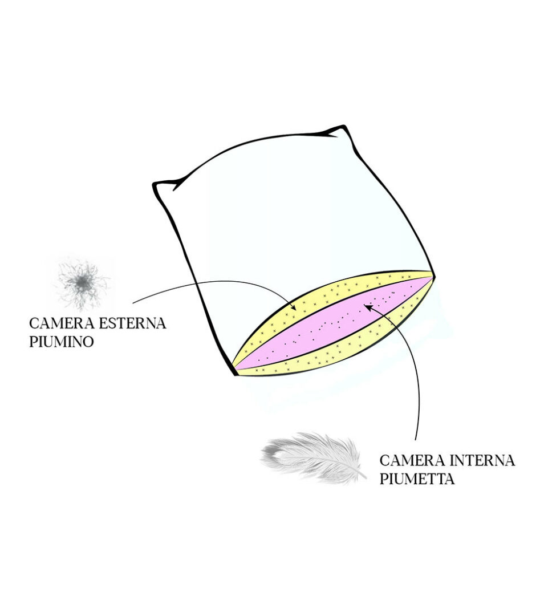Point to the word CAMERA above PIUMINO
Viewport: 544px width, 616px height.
(56, 324)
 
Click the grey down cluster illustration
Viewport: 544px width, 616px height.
(83, 282)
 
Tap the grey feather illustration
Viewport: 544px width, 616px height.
(314, 456)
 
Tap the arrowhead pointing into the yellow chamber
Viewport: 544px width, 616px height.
(293, 309)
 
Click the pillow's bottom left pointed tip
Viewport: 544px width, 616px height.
(235, 374)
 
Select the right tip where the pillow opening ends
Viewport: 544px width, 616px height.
(433, 274)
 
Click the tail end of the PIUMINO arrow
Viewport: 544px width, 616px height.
(133, 302)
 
